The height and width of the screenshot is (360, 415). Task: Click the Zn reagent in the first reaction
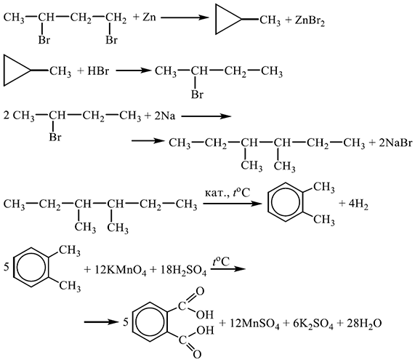(x=149, y=17)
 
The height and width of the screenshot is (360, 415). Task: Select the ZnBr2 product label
(x=310, y=21)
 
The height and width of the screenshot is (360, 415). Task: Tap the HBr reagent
(x=98, y=71)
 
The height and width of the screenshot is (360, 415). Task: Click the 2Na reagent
(x=165, y=116)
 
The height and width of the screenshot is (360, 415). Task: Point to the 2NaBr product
(x=395, y=143)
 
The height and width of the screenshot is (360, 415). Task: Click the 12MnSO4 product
(x=254, y=324)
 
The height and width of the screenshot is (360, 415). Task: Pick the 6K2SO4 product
(x=313, y=324)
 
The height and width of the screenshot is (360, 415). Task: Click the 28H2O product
(x=364, y=324)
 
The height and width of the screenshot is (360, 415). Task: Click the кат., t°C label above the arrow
(x=227, y=193)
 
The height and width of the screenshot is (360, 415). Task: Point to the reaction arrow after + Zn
(x=185, y=17)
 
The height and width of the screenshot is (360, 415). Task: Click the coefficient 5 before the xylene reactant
(x=7, y=267)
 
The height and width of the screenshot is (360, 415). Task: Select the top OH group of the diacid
(x=204, y=315)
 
